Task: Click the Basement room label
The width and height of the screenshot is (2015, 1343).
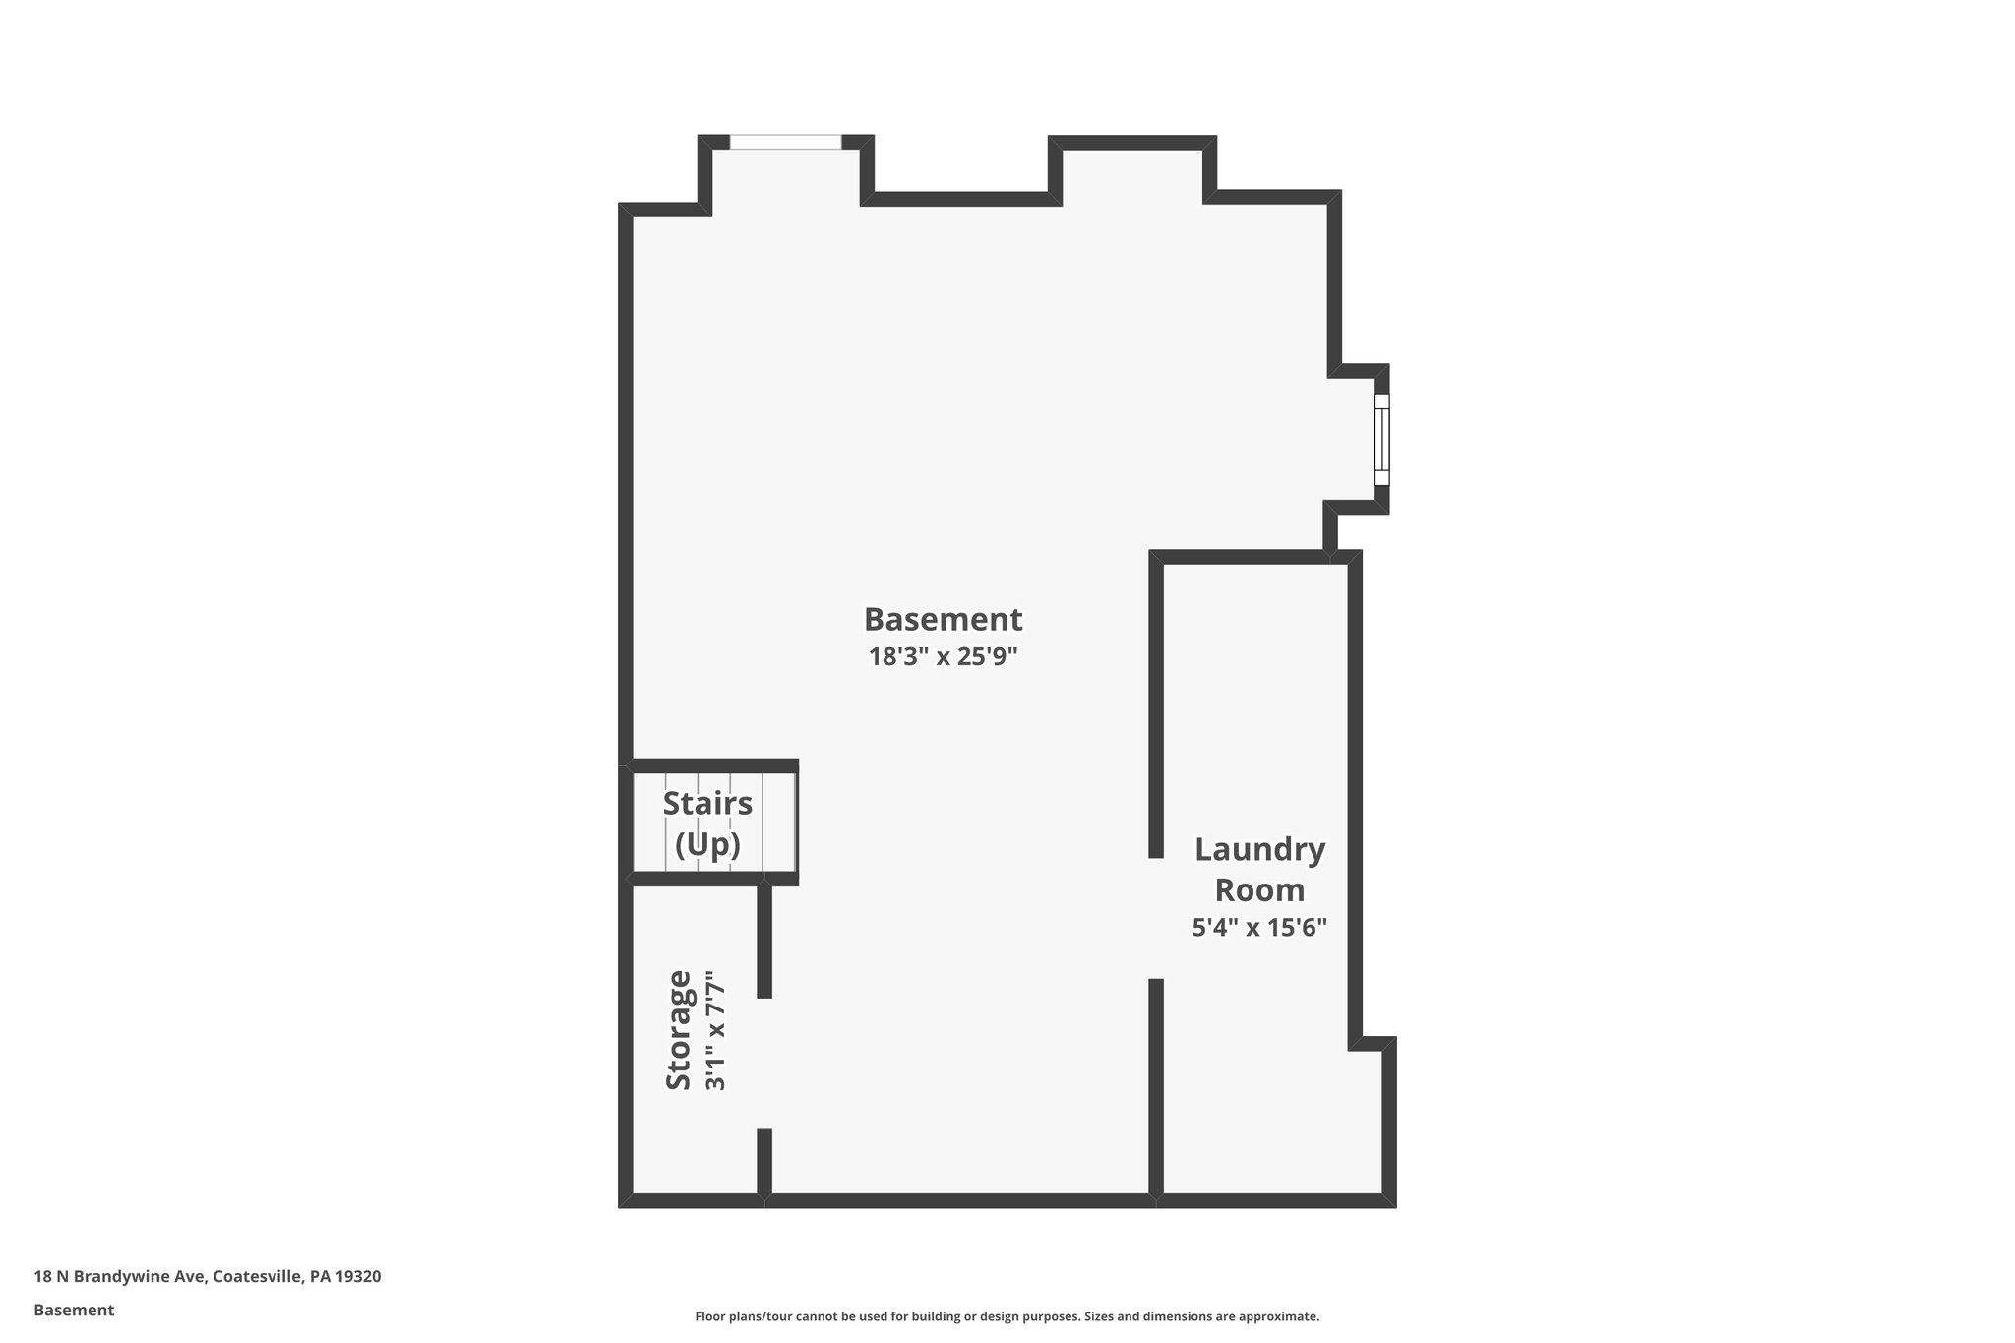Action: (x=943, y=620)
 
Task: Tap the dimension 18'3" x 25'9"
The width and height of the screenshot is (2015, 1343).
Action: (x=943, y=656)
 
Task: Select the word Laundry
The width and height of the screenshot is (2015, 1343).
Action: (x=1259, y=849)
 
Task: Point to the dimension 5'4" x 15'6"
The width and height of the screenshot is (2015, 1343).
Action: (x=1259, y=927)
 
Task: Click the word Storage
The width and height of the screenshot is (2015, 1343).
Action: (x=679, y=1029)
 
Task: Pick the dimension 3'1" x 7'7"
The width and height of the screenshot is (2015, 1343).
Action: (x=715, y=1031)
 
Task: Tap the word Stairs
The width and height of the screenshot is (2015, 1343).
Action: (x=707, y=803)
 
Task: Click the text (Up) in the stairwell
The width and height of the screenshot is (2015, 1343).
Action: (x=707, y=844)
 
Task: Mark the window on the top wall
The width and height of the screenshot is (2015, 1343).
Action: (x=785, y=143)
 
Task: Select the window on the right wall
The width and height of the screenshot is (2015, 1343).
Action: (x=1382, y=439)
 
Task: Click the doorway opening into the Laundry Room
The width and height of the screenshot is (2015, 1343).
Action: (x=1157, y=918)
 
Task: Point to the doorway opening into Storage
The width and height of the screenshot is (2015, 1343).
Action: (x=764, y=1063)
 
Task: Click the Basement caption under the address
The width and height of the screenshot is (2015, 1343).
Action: (x=74, y=1311)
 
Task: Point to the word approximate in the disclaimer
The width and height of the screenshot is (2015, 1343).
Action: (x=1278, y=1316)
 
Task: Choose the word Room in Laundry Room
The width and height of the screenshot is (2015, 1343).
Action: (x=1259, y=890)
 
